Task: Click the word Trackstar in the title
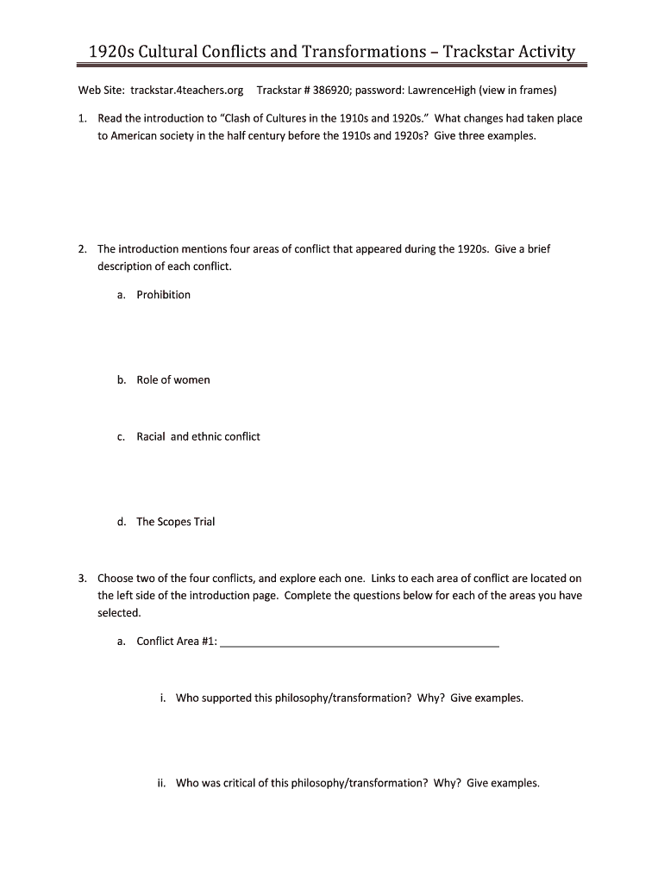click(x=483, y=52)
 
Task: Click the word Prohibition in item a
click(x=163, y=295)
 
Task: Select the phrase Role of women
click(x=173, y=380)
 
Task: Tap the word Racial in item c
click(x=151, y=436)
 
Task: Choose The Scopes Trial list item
click(x=176, y=522)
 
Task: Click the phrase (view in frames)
click(x=518, y=90)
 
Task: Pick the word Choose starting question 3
click(x=116, y=579)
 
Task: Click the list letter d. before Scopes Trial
click(x=122, y=522)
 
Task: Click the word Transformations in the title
click(x=359, y=52)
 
